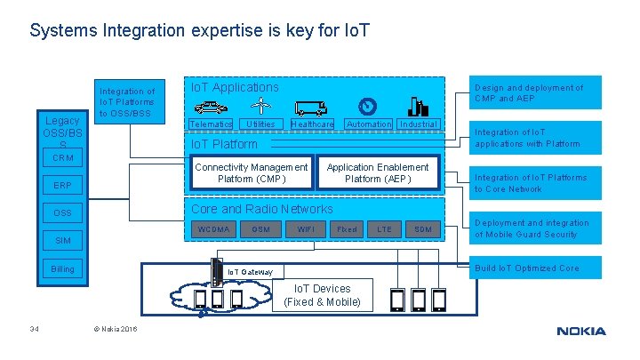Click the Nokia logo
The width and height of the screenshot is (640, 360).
click(581, 332)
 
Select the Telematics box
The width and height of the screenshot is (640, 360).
click(211, 124)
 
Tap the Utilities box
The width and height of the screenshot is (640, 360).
click(260, 124)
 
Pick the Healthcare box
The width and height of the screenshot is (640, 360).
click(312, 124)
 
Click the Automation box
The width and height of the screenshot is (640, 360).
click(368, 124)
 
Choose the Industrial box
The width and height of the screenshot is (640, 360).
click(419, 124)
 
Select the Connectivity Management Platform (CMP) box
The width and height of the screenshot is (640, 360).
click(251, 173)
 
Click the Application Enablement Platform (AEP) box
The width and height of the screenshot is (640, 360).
click(377, 173)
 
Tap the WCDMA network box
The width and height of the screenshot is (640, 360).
click(212, 229)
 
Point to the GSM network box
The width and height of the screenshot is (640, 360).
click(260, 229)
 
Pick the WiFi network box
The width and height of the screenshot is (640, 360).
click(306, 229)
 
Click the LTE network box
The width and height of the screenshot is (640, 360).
click(384, 229)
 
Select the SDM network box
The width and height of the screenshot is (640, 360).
click(423, 229)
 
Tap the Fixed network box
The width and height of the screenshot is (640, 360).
click(346, 229)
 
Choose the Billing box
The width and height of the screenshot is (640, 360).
click(62, 268)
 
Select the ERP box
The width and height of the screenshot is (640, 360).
click(62, 186)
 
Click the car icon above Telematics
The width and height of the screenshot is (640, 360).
click(210, 108)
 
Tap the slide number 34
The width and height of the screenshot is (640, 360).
click(34, 331)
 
